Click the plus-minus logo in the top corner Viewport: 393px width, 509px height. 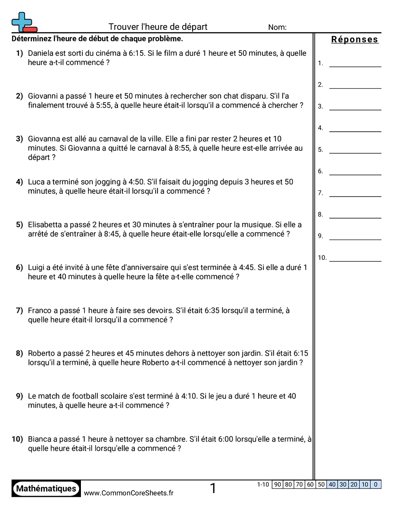coord(24,22)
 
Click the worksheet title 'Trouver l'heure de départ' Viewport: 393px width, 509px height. coord(158,27)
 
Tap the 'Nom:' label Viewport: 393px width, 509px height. coord(277,27)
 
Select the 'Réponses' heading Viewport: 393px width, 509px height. coord(355,40)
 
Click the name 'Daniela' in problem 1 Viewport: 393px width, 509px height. coord(42,54)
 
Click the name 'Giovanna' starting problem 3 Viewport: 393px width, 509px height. coord(45,139)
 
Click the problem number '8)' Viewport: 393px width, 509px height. coord(19,353)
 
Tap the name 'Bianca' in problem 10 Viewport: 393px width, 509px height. coord(40,439)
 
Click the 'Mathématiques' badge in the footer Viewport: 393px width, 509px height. coord(46,489)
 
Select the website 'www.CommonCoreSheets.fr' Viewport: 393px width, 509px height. coord(129,493)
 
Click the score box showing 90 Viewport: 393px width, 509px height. coord(277,485)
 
